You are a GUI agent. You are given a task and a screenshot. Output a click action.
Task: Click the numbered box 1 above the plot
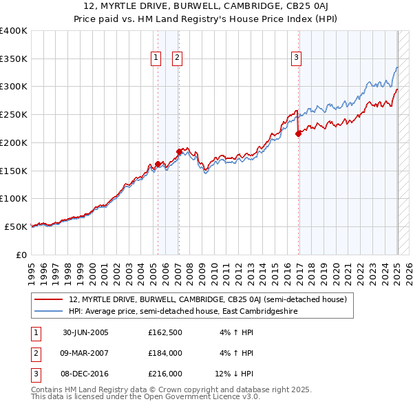tap(156, 58)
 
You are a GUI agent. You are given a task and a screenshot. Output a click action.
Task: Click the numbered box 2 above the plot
tap(177, 58)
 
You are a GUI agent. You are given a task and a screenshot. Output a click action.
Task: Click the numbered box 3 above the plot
tap(297, 58)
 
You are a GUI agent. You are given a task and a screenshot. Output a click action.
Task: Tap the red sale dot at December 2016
tap(299, 134)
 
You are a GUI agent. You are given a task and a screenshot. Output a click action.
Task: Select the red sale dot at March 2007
tap(179, 151)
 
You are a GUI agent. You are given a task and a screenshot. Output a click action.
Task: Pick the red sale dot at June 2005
tap(158, 164)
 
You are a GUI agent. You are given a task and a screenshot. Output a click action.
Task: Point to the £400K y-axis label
tap(14, 31)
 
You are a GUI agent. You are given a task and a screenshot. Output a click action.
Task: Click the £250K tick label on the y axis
tap(14, 115)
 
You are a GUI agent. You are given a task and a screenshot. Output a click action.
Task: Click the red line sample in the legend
tap(48, 299)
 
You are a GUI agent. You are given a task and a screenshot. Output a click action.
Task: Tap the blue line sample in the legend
tap(48, 310)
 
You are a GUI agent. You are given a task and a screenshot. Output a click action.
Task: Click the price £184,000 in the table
tap(165, 353)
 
